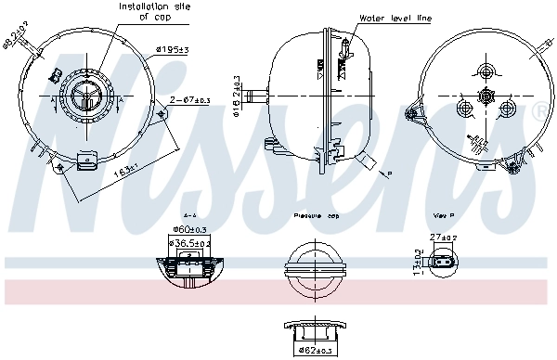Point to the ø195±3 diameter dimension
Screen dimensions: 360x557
(x=172, y=49)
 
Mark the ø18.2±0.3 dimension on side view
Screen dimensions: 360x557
(x=238, y=92)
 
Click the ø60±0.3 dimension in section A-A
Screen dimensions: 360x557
(x=190, y=230)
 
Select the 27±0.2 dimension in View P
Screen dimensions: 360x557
(x=443, y=238)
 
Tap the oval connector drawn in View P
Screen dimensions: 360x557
(x=439, y=264)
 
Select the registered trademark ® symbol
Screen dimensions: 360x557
(x=540, y=112)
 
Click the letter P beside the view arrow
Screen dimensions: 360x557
(x=390, y=174)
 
